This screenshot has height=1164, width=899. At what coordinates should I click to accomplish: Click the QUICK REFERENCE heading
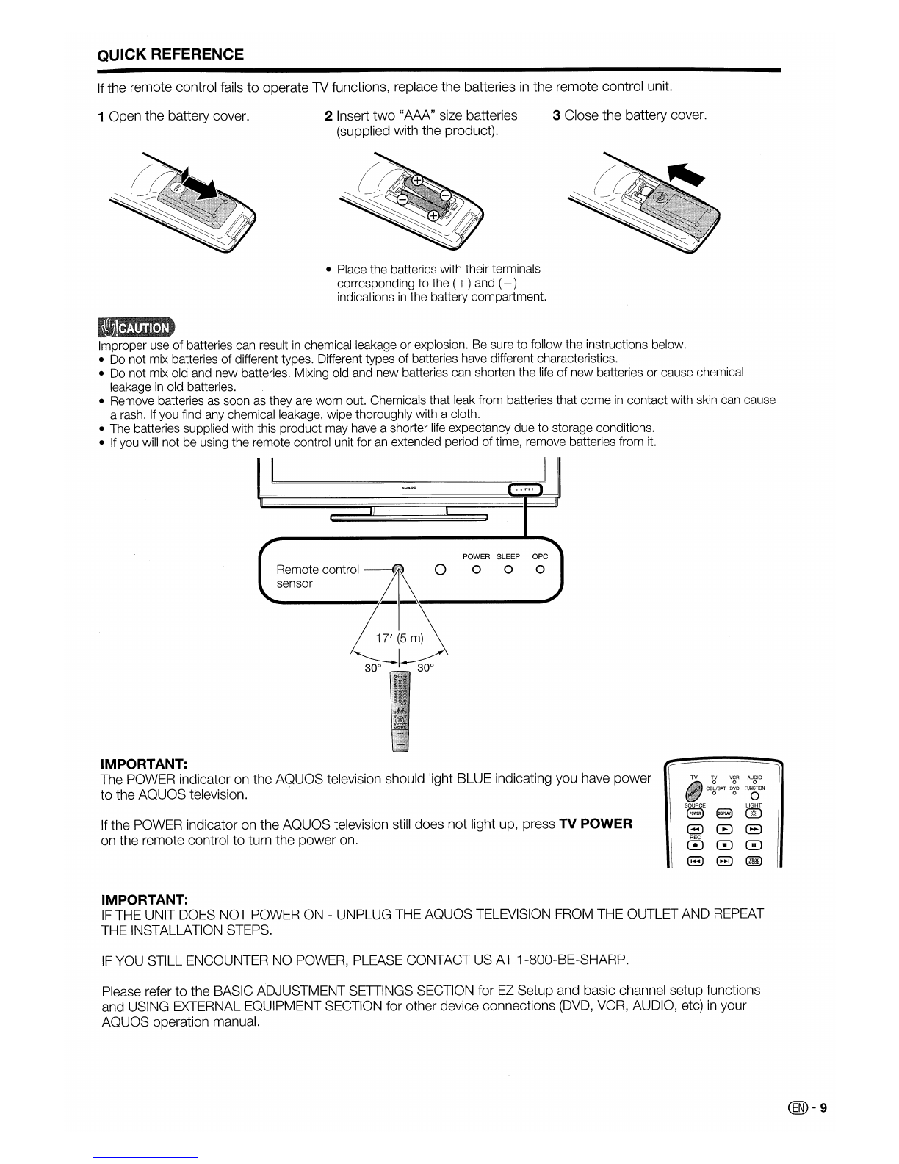click(170, 54)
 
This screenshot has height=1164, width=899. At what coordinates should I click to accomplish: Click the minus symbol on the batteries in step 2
click(402, 199)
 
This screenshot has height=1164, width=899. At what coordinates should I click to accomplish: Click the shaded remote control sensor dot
click(398, 569)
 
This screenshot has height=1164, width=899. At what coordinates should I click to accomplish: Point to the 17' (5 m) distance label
click(399, 638)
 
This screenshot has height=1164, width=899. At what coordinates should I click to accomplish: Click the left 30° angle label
click(373, 668)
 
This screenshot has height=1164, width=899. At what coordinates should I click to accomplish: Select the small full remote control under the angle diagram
click(400, 710)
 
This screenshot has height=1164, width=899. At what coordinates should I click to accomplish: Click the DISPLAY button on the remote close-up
click(724, 812)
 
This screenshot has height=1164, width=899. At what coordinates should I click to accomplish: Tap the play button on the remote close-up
click(724, 829)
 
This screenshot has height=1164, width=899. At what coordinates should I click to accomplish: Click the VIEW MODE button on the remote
click(754, 861)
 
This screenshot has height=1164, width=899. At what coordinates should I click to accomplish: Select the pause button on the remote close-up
click(754, 845)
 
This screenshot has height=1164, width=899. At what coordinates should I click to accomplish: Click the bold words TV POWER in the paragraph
click(595, 824)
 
